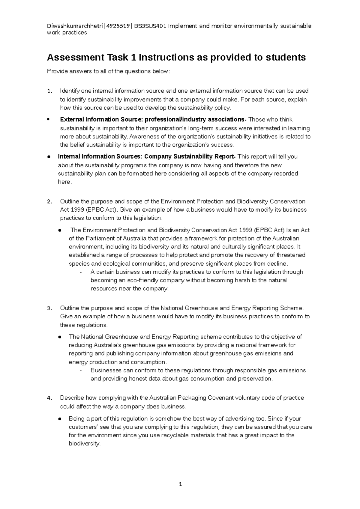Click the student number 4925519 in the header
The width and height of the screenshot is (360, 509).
120,26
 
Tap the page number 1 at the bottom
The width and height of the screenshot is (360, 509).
180,484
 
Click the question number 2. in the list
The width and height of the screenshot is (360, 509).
50,201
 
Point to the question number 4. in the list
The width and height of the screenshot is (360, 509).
50,398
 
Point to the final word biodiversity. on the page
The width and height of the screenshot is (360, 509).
85,444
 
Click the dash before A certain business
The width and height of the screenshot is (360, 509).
81,272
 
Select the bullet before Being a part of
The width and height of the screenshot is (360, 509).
60,419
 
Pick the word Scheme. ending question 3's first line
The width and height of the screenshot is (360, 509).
292,308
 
